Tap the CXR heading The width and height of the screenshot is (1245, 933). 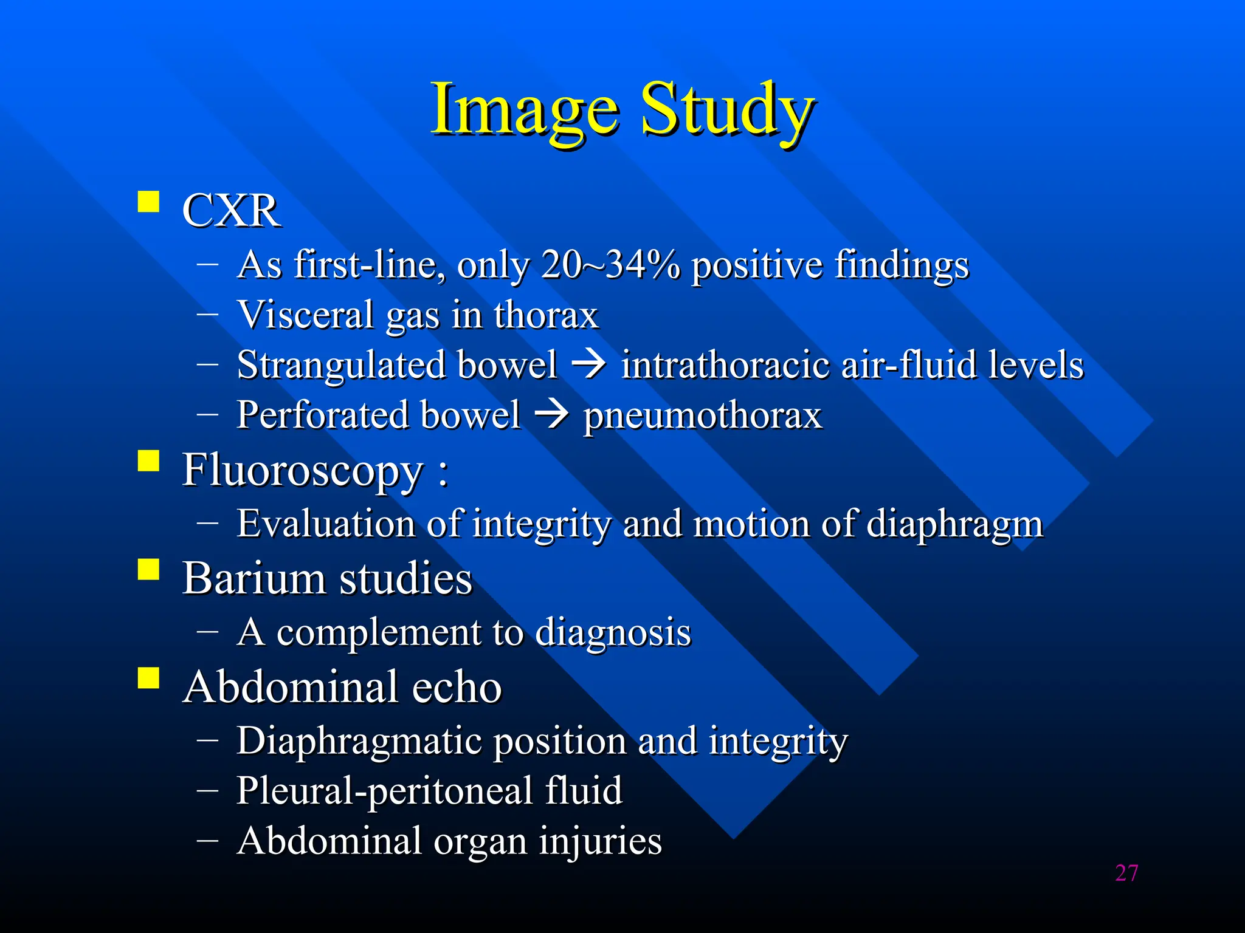pyautogui.click(x=231, y=211)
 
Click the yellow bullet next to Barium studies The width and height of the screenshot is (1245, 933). pyautogui.click(x=148, y=570)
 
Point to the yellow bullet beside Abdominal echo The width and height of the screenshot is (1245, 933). pyautogui.click(x=148, y=678)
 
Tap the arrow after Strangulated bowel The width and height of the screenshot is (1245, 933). pyautogui.click(x=588, y=364)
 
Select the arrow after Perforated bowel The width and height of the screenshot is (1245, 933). pyautogui.click(x=551, y=415)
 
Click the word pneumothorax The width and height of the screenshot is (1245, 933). pyautogui.click(x=702, y=416)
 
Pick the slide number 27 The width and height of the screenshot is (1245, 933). pyautogui.click(x=1126, y=873)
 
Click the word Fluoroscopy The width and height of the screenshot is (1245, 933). pyautogui.click(x=302, y=470)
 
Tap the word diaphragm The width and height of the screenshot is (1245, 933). pyautogui.click(x=954, y=524)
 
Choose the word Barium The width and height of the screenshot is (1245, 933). pyautogui.click(x=254, y=578)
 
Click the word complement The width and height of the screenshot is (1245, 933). pyautogui.click(x=379, y=632)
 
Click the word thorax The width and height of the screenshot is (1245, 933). pyautogui.click(x=546, y=315)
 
